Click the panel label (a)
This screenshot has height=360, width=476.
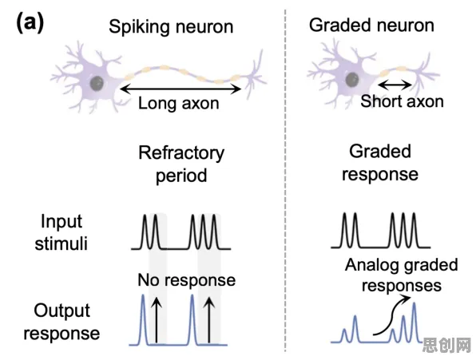tap(30, 23)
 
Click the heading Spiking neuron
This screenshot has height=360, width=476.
tap(171, 26)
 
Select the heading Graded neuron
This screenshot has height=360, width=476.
tap(371, 25)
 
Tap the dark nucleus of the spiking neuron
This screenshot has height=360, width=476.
tap(97, 83)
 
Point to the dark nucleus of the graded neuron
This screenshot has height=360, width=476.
tap(352, 80)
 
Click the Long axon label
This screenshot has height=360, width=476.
tap(179, 104)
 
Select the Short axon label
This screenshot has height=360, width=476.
tap(402, 101)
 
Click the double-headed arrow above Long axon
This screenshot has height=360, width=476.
tap(180, 89)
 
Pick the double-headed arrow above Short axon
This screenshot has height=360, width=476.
tap(395, 85)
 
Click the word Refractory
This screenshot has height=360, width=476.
tap(181, 153)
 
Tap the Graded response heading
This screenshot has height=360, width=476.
tap(380, 163)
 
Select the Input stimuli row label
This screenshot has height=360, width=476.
tap(61, 232)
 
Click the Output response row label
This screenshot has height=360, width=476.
tap(61, 322)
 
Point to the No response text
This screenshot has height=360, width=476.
tap(186, 280)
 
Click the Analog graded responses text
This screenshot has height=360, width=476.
tap(402, 275)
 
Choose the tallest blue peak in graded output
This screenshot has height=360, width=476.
tap(414, 322)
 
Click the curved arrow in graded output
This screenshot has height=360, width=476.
tap(391, 315)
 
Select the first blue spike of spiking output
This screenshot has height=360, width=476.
tap(143, 319)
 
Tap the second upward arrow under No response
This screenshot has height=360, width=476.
tap(209, 320)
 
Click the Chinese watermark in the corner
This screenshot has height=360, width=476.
tap(446, 346)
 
